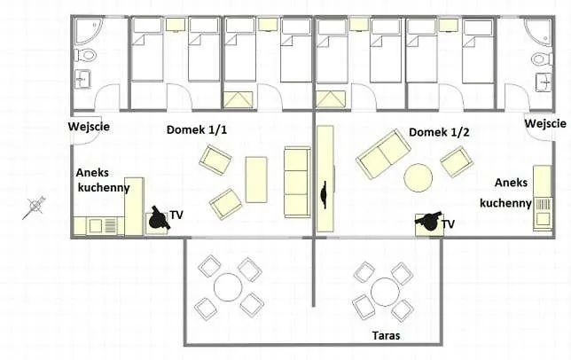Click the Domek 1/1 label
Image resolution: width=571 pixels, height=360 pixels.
tap(197, 129)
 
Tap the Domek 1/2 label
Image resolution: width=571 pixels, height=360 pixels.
tap(439, 132)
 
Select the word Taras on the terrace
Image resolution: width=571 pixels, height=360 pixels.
tap(386, 335)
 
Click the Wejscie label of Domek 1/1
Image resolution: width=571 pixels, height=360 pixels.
tap(89, 127)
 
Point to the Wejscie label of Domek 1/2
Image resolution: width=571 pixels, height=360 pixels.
tap(545, 123)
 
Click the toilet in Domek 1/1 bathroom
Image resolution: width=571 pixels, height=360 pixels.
tap(86, 56)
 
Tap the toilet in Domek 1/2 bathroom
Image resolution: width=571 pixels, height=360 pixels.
tap(542, 59)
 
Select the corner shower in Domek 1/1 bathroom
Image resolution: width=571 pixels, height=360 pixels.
tap(89, 30)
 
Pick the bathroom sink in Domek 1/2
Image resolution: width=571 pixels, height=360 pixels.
tap(544, 82)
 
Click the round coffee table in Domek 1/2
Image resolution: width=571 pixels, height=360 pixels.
tap(418, 178)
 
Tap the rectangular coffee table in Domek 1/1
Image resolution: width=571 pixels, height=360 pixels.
tap(256, 179)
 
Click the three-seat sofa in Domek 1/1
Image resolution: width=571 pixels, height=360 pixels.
tap(298, 183)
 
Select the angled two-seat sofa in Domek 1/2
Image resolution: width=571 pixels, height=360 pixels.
tap(383, 154)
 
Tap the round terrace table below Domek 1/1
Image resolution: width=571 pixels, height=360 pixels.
tap(228, 287)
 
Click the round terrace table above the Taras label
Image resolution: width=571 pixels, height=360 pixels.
tap(385, 292)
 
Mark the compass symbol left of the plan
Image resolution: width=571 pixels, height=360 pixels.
tap(34, 207)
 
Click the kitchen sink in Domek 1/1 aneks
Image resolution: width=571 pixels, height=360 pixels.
tap(96, 225)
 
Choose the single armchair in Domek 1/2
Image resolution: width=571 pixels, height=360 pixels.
tap(457, 161)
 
